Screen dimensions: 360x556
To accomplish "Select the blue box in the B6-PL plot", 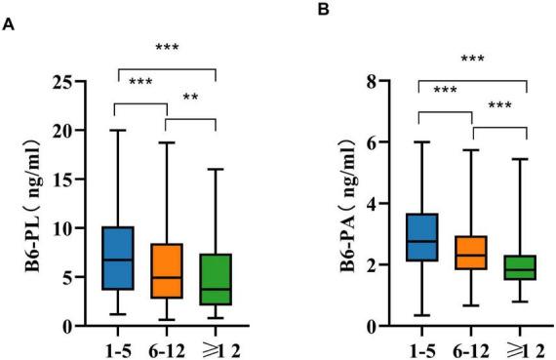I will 118,259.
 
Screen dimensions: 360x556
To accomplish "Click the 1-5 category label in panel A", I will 118,347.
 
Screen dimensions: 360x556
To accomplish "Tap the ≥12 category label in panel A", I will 217,347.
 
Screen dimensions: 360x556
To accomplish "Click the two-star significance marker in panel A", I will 190,99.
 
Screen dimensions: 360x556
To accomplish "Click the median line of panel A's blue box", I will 118,260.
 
